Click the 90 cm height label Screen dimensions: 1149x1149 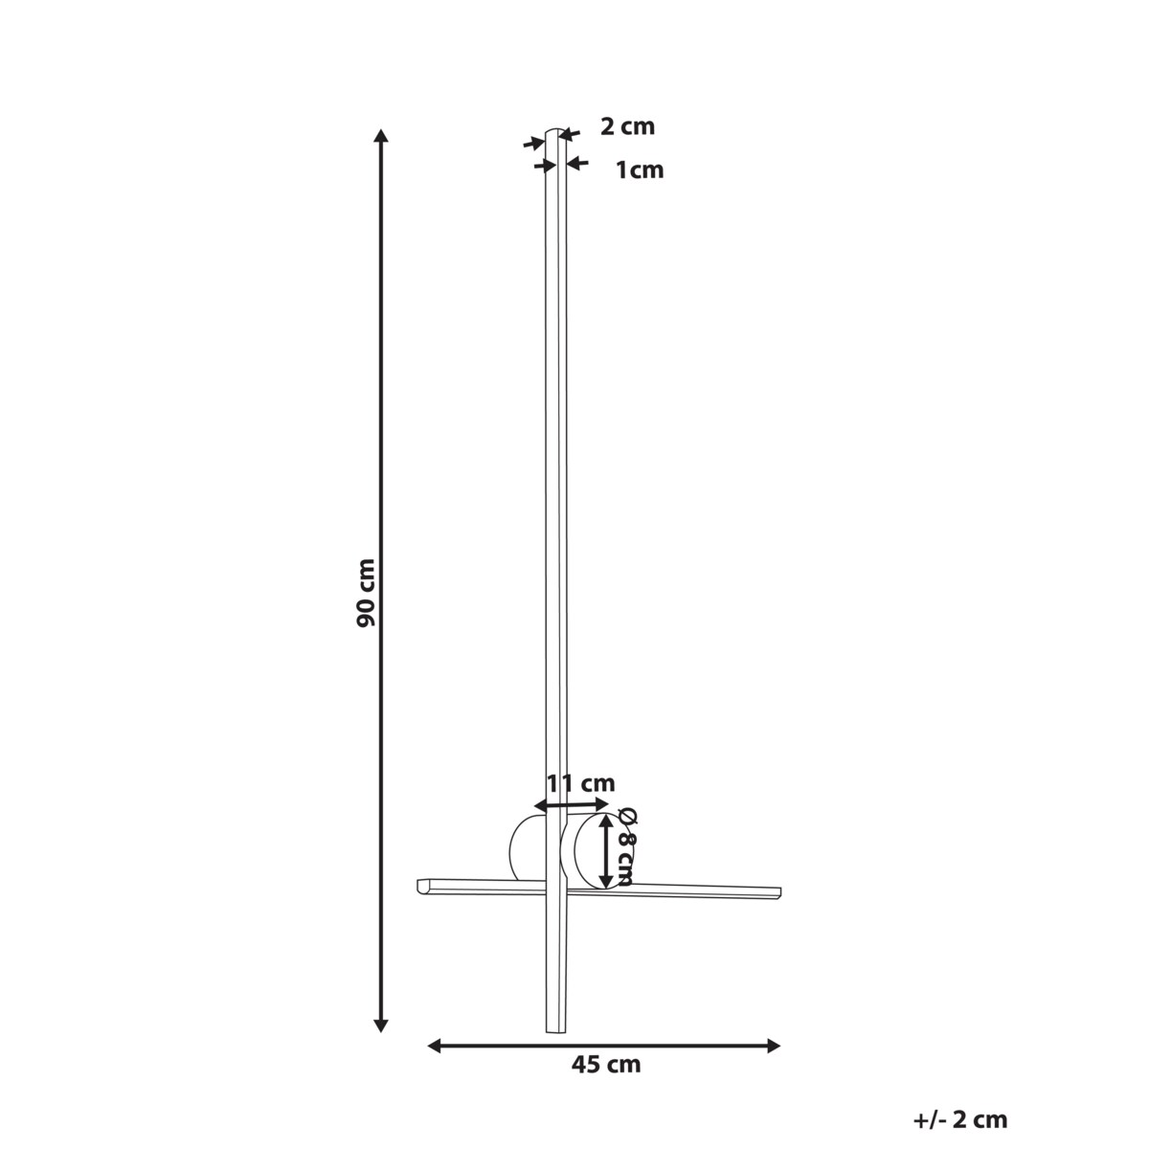365,592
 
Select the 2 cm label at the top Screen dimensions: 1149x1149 627,125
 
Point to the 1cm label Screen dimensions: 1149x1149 639,170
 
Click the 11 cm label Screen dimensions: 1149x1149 580,784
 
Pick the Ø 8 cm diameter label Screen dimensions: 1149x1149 625,847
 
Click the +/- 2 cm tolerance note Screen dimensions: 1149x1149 960,1119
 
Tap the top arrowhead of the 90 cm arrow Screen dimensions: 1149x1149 381,136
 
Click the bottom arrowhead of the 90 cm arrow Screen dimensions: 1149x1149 381,1025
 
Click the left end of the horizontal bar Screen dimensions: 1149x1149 422,885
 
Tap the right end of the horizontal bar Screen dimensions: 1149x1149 777,892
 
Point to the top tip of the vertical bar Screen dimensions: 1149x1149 554,131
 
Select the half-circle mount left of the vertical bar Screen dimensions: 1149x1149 527,848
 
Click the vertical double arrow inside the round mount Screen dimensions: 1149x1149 604,850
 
